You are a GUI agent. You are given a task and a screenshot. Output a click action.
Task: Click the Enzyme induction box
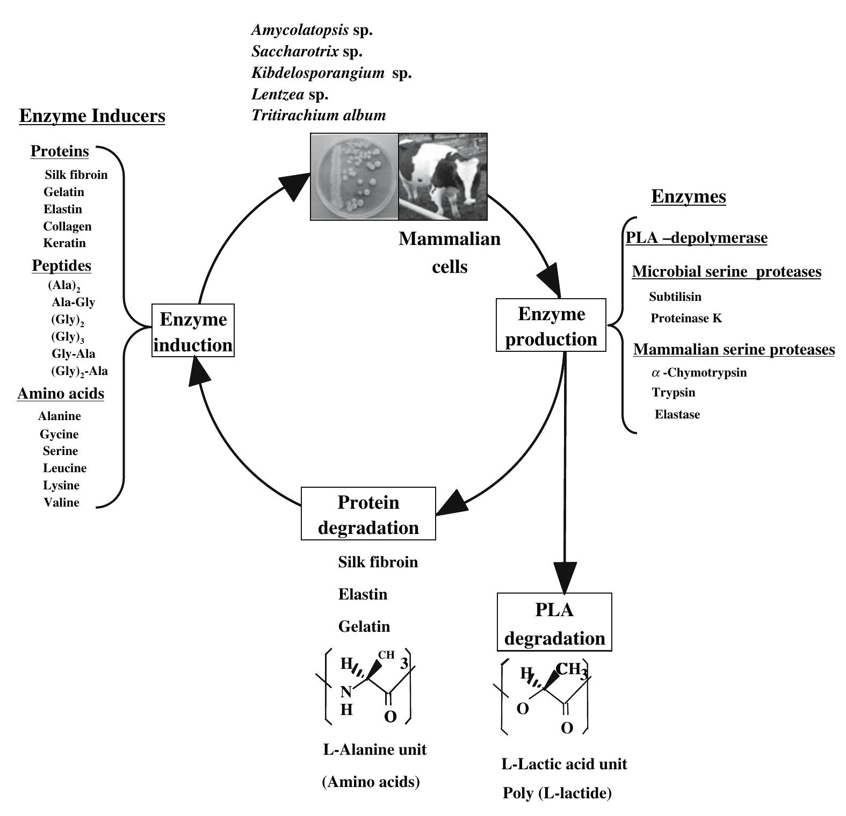[x=193, y=331]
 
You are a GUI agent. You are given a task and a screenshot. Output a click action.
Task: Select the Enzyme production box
[x=551, y=326]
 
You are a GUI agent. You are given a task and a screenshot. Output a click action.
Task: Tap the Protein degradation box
[x=368, y=514]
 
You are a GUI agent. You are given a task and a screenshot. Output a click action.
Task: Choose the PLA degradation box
[x=554, y=623]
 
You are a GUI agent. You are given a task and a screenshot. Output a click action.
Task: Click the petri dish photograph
[x=355, y=177]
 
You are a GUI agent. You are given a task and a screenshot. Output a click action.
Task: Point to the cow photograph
[x=443, y=177]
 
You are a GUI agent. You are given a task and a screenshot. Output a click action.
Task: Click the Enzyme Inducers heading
[x=92, y=116]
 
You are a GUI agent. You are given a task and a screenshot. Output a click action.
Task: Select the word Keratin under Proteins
[x=64, y=243]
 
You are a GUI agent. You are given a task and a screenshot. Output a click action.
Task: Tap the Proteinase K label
[x=686, y=319]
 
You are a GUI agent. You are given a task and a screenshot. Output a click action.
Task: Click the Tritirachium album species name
[x=319, y=115]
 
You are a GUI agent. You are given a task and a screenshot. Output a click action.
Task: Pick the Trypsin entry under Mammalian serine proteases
[x=674, y=393]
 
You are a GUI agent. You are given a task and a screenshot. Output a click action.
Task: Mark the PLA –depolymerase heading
[x=697, y=238]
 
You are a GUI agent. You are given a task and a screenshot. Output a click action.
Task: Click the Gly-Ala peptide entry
[x=73, y=354]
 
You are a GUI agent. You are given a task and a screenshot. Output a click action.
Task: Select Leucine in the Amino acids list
[x=64, y=468]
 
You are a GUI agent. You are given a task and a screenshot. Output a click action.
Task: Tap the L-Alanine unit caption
[x=374, y=749]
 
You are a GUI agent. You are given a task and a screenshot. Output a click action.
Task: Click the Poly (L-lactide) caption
[x=557, y=793]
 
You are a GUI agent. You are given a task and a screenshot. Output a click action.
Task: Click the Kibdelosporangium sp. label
[x=331, y=73]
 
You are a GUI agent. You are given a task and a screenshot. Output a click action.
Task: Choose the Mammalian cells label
[x=450, y=252]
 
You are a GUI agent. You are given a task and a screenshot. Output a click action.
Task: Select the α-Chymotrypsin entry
[x=699, y=373]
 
